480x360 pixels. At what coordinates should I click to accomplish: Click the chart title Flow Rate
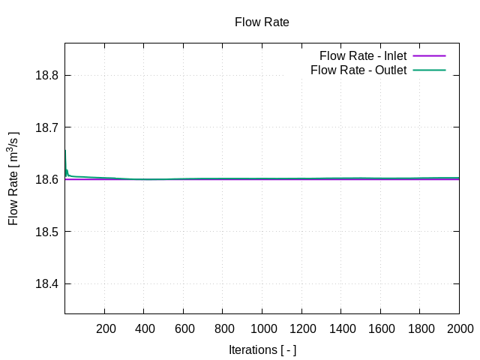point(262,22)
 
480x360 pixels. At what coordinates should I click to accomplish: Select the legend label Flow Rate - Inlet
point(362,55)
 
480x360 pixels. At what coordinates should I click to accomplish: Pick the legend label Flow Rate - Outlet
point(358,70)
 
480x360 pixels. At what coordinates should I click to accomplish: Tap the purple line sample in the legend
point(429,55)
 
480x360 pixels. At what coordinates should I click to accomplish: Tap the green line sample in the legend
point(429,70)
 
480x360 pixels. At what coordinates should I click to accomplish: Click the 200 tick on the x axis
point(106,328)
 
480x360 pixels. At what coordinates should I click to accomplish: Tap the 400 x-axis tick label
point(145,328)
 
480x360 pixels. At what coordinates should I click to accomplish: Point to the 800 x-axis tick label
point(223,328)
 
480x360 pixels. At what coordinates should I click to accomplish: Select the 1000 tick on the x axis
point(262,328)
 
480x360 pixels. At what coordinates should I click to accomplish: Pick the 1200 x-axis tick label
point(301,328)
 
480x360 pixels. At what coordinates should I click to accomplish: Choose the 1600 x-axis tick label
point(380,328)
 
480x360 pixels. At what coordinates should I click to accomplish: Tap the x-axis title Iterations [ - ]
point(262,350)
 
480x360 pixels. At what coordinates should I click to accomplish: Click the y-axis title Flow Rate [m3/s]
point(13,178)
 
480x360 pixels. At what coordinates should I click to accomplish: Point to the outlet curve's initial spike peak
point(65,151)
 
